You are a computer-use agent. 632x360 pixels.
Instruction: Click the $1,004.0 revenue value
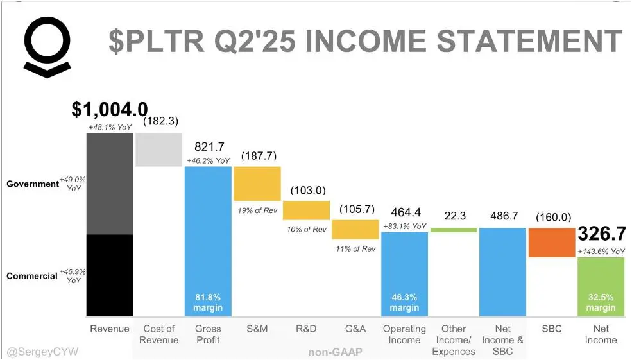(x=110, y=110)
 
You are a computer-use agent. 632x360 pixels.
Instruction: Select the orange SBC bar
(x=551, y=243)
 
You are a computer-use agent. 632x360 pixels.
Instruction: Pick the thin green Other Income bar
(x=454, y=230)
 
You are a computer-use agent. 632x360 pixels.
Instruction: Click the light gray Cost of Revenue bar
(x=158, y=150)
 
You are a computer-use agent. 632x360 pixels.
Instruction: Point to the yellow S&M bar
(x=257, y=184)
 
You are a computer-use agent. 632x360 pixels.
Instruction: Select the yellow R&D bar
(x=306, y=210)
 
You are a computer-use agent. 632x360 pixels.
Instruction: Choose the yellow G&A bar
(x=355, y=230)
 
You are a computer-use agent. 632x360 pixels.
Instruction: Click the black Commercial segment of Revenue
(x=110, y=275)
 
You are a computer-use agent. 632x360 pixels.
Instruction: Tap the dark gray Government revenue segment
(x=110, y=184)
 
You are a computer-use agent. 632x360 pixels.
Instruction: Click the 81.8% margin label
(x=208, y=302)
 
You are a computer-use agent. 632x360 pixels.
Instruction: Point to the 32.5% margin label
(x=601, y=302)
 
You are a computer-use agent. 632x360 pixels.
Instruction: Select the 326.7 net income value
(x=602, y=234)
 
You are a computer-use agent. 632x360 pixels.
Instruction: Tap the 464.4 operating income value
(x=405, y=212)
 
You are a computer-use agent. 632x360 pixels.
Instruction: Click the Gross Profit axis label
(x=208, y=334)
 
